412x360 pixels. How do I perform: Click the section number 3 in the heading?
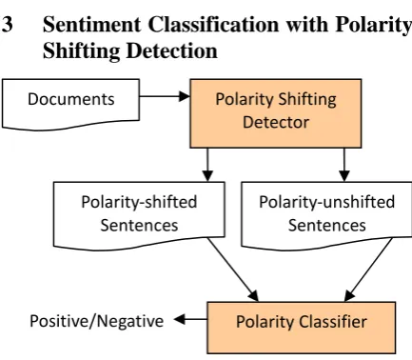click(7, 25)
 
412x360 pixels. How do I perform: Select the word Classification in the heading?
click(213, 24)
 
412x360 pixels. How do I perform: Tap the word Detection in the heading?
click(172, 50)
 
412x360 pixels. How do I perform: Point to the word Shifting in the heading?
click(81, 51)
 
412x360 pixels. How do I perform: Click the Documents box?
click(70, 104)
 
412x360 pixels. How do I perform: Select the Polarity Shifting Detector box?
click(276, 113)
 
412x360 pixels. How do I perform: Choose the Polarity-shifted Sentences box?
click(139, 216)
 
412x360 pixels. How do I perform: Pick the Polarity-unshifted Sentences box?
click(326, 216)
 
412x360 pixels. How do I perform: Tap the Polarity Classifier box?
click(302, 328)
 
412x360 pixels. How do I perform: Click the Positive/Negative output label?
click(96, 321)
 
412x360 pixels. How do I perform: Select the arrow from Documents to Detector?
click(165, 96)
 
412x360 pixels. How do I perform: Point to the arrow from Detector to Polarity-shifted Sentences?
click(207, 165)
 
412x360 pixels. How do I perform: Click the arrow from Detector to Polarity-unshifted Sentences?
click(344, 165)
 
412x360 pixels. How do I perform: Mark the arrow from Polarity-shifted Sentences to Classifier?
click(233, 270)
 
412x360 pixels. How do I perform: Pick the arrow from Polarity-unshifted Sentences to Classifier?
click(368, 270)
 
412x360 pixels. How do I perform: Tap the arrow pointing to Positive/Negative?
click(190, 319)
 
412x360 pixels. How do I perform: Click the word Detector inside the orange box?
click(276, 123)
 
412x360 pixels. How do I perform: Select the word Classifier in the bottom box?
click(333, 322)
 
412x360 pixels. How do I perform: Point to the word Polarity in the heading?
click(374, 25)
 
